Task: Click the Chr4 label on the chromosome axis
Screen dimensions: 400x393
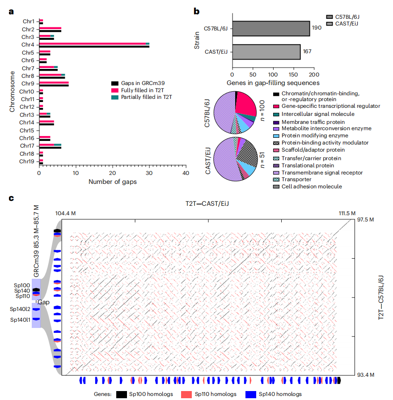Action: point(28,45)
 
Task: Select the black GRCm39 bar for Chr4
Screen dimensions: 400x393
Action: point(94,47)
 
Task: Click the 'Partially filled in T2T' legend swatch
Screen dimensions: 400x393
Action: point(114,97)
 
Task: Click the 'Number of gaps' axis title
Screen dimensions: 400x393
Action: point(113,182)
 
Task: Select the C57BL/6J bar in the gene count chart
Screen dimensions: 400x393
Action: point(271,29)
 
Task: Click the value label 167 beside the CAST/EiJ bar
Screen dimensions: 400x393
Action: point(307,51)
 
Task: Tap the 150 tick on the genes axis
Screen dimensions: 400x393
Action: point(293,74)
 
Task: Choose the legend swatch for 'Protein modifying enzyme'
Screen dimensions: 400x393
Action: point(276,136)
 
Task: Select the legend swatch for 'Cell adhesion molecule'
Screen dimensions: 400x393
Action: point(276,187)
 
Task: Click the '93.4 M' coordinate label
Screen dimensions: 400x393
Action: point(365,374)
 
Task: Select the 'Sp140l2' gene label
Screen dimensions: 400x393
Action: point(21,309)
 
